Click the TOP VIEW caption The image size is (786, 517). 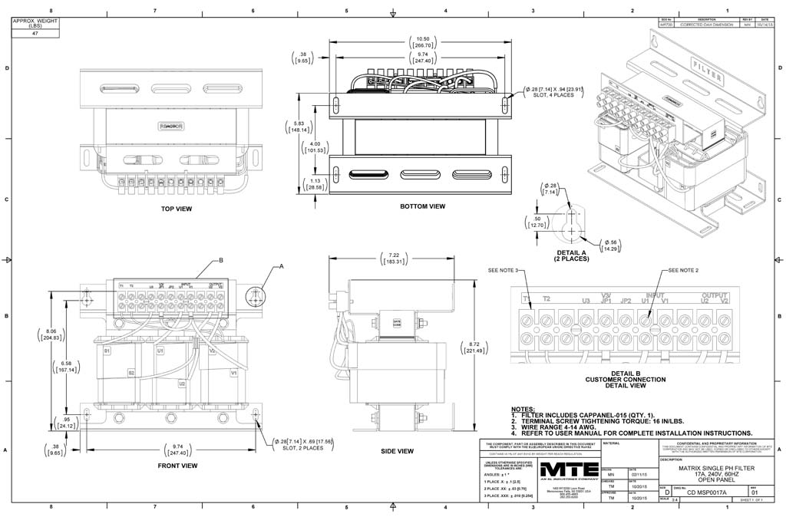(177, 209)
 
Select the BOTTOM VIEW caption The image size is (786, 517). (423, 206)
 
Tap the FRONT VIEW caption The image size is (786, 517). (178, 466)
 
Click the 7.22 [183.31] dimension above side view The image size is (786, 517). (395, 258)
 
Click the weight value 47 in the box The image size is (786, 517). (35, 34)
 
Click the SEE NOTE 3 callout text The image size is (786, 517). (504, 270)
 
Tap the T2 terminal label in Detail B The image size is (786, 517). (547, 298)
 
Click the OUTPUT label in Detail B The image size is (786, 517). (714, 295)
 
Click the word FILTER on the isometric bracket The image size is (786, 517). (706, 64)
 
